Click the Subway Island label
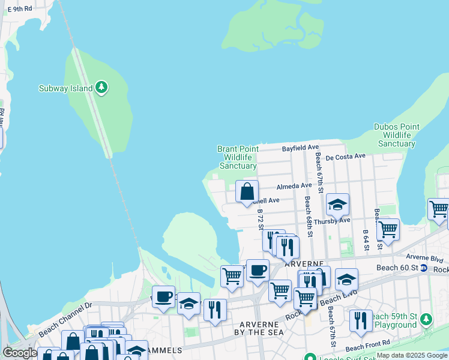(x=66, y=88)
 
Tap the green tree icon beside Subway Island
(x=102, y=88)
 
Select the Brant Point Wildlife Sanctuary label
(x=238, y=157)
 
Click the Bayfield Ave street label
(x=301, y=148)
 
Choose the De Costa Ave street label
(x=346, y=157)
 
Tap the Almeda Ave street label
(x=294, y=186)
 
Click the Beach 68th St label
(x=307, y=216)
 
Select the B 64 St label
(x=365, y=239)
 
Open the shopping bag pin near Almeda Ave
(x=247, y=192)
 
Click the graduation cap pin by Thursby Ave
(x=337, y=206)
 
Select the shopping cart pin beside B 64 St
(x=388, y=229)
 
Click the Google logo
(x=20, y=353)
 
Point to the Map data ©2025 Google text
(x=412, y=355)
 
